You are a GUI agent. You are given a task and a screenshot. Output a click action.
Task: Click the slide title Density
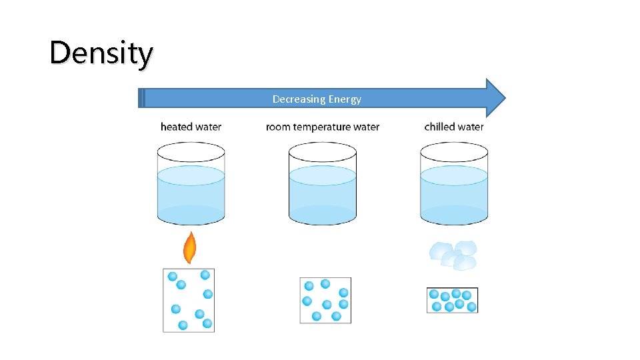pos(101,53)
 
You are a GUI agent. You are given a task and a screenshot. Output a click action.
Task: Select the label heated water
pos(191,127)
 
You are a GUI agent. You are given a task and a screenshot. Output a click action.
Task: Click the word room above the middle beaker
pos(278,127)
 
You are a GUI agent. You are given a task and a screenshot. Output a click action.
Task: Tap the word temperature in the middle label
pos(322,127)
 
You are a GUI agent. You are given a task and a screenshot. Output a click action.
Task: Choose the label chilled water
pos(454,127)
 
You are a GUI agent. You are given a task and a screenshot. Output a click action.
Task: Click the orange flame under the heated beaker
pos(190,248)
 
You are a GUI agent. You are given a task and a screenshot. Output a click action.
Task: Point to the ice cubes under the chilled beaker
pos(454,255)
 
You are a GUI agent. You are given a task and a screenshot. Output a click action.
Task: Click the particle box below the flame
pos(189,300)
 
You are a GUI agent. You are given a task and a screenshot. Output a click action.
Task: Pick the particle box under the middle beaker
pos(325,300)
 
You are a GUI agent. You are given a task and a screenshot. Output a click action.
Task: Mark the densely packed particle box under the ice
pos(453,300)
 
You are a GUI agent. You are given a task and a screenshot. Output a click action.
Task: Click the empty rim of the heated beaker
pos(191,152)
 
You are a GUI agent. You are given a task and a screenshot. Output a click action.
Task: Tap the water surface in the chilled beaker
pos(454,175)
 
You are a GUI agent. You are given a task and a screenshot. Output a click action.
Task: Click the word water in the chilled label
pos(469,127)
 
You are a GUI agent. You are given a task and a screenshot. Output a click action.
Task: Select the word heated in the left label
pos(175,127)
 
